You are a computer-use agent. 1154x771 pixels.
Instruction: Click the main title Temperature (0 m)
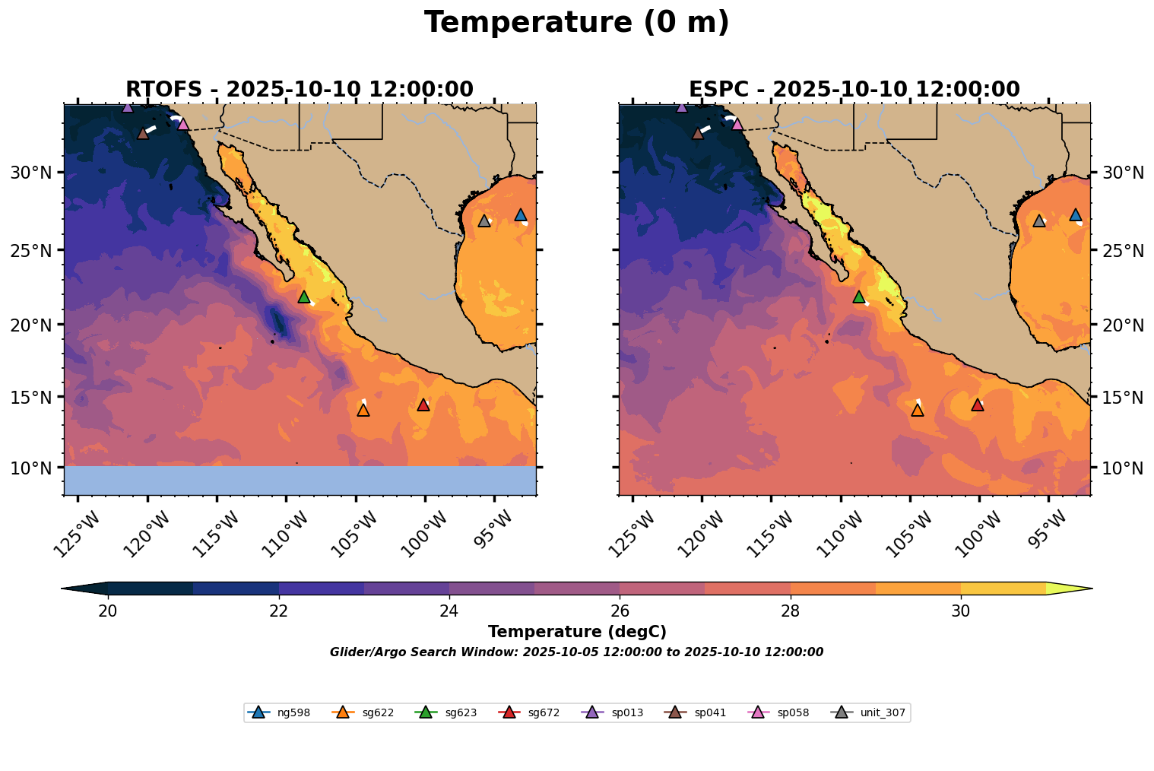[576, 23]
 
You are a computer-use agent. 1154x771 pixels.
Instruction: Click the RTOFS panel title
[300, 90]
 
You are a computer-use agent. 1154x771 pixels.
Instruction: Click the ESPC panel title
[854, 90]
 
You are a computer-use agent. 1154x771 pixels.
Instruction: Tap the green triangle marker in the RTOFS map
[304, 297]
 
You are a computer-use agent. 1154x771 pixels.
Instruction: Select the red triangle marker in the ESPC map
[978, 405]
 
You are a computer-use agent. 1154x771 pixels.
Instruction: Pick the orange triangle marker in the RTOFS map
[363, 410]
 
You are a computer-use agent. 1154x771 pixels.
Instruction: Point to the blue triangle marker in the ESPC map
[1075, 215]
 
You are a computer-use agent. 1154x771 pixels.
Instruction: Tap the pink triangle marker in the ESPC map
[737, 124]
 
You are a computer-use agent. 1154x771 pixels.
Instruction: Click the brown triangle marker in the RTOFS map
[143, 133]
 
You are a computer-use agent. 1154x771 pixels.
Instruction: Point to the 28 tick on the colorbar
[791, 595]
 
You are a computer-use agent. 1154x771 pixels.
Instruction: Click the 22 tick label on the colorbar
[279, 611]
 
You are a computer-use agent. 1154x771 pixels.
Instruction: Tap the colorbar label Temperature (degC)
[577, 632]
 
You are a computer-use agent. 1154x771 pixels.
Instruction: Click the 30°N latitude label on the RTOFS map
[30, 173]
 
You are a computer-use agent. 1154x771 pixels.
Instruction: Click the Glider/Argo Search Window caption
[576, 652]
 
